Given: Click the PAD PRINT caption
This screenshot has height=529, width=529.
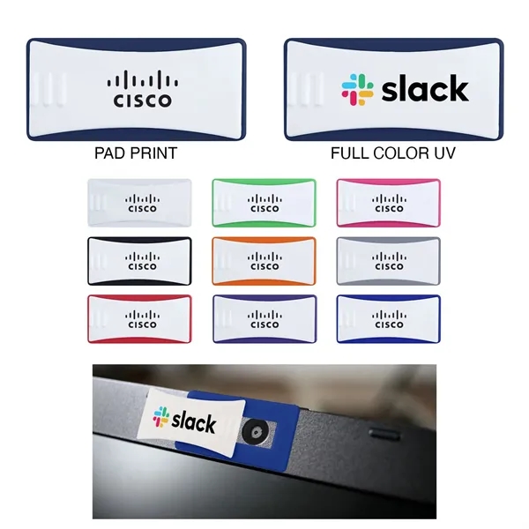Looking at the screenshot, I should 136,153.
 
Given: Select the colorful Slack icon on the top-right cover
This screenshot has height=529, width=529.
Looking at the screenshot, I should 358,89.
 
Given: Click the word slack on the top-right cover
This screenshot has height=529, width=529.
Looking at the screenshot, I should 424,88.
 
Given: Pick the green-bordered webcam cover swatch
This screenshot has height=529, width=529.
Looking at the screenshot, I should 264,203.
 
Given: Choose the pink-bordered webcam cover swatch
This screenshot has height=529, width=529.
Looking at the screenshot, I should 389,203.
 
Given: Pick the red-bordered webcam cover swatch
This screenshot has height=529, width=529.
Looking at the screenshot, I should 140,318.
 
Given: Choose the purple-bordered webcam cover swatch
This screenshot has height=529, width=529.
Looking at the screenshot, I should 264,318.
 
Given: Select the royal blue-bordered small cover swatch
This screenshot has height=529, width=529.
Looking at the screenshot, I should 389,318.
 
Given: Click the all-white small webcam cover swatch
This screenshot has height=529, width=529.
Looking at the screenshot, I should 140,203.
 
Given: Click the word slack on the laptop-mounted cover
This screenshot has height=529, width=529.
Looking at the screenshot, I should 193,421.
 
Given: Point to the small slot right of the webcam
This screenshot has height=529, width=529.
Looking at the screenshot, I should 382,433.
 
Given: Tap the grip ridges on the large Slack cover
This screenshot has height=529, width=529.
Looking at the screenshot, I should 306,89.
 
